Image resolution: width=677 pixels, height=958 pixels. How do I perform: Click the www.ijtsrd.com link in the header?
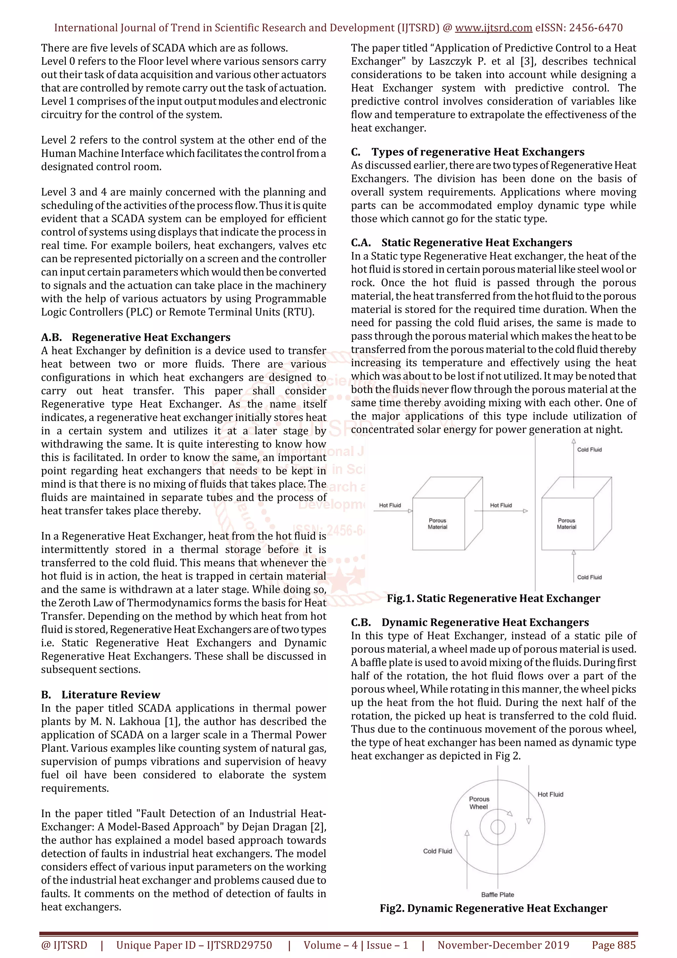point(493,28)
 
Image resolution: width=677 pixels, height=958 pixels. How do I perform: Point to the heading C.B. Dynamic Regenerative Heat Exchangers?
point(470,622)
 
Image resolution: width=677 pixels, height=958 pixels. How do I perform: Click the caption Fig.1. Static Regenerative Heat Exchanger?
point(493,598)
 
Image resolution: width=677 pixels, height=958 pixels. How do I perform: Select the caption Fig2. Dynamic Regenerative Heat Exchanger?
point(493,908)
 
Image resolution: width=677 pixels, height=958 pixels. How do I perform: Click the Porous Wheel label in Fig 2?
point(479,803)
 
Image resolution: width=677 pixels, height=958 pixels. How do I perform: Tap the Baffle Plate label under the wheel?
point(497,894)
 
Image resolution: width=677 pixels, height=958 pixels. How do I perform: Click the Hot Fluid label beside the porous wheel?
point(550,794)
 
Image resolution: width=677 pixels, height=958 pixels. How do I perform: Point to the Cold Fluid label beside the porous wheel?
point(437,851)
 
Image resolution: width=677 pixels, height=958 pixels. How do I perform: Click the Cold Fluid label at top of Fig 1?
point(589,449)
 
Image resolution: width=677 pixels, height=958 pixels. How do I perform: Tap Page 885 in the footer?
point(613,945)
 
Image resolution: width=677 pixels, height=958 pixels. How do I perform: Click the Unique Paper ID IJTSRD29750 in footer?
point(194,945)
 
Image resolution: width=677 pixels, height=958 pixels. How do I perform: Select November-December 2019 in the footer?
point(503,945)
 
